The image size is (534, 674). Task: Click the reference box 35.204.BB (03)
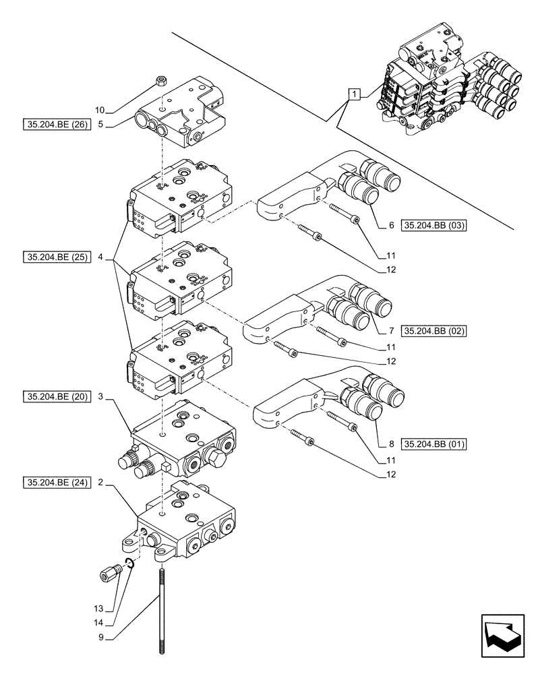[434, 225]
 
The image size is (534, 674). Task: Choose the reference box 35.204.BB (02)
[434, 331]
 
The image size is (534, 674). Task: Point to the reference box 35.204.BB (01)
[434, 444]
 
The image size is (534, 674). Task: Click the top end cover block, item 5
[179, 115]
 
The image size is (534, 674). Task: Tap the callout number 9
[100, 636]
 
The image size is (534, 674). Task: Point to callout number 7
[391, 331]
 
